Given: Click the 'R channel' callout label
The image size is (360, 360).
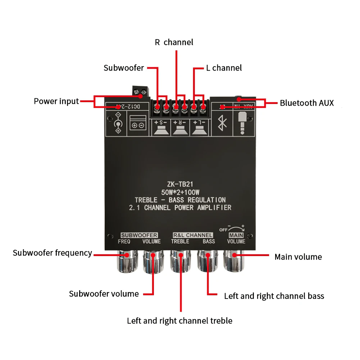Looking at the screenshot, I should [x=174, y=42].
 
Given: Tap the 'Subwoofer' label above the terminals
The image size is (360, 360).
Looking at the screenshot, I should [x=124, y=68].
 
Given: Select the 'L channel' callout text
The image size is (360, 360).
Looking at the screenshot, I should [x=224, y=68].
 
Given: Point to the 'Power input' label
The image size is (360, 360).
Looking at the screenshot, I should [x=56, y=101].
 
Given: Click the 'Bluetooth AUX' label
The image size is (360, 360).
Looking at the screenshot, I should [x=307, y=103].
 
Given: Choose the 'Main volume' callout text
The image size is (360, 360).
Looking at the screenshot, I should [x=298, y=257].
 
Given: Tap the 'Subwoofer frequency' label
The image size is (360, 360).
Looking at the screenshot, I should [x=53, y=253].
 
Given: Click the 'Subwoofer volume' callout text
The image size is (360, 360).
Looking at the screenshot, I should [x=104, y=294].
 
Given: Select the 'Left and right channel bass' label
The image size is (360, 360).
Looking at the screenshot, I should [x=274, y=296].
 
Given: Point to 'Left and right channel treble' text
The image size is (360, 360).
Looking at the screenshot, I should [x=179, y=321].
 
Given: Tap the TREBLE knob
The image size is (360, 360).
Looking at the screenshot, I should [x=180, y=261].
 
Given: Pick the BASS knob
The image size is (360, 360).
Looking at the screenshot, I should [x=207, y=261].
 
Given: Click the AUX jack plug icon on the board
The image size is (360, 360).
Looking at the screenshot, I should [x=244, y=123].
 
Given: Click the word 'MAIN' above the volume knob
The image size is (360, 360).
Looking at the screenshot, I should [x=236, y=235].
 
